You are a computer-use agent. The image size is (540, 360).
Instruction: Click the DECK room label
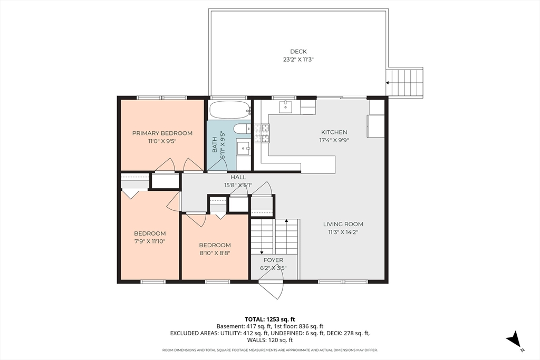[x=298, y=52]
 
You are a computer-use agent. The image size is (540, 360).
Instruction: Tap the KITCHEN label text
[x=334, y=132]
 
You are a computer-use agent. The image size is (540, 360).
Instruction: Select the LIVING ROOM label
[x=343, y=224]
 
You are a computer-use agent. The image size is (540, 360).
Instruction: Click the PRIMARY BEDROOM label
[x=162, y=133]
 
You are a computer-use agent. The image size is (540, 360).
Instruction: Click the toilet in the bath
[x=242, y=129]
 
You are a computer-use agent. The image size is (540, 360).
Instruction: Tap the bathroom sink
[x=244, y=148]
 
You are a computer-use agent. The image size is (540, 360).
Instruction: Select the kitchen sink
[x=285, y=106]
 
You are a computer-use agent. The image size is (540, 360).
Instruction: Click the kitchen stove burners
[x=262, y=133]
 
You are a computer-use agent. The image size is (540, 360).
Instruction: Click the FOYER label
[x=274, y=260]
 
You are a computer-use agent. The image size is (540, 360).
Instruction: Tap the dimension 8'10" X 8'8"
[x=215, y=254]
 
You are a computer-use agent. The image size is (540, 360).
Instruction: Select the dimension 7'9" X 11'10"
[x=150, y=241]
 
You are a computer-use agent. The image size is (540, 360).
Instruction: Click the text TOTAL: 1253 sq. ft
[x=270, y=319]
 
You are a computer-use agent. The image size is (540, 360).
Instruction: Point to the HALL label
[x=238, y=177]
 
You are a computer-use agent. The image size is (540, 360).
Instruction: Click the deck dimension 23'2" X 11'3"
[x=298, y=60]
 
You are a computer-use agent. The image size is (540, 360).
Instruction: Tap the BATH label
[x=215, y=145]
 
